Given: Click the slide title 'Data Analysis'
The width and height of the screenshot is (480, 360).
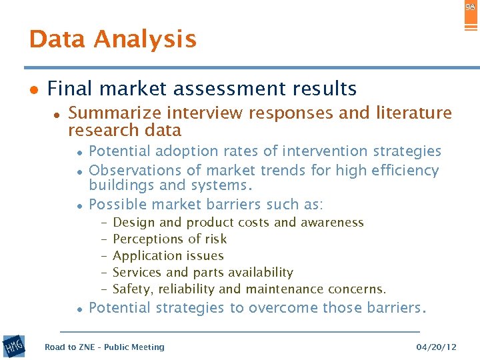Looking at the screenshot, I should click(113, 39).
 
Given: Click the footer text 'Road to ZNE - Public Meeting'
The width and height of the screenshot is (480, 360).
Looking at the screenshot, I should click(104, 347).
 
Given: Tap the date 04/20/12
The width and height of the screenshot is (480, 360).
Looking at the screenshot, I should click(436, 347).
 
